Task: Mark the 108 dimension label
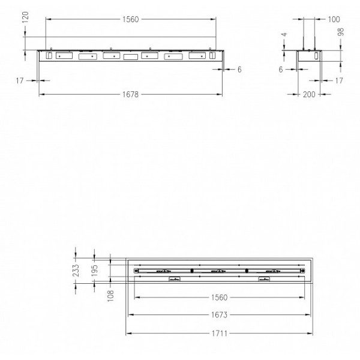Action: pyautogui.click(x=111, y=296)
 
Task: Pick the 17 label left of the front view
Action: pyautogui.click(x=21, y=80)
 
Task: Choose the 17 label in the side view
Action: pyautogui.click(x=340, y=80)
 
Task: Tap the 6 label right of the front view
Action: pyautogui.click(x=239, y=70)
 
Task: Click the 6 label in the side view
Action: pyautogui.click(x=280, y=70)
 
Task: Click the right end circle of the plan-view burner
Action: pyautogui.click(x=300, y=271)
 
